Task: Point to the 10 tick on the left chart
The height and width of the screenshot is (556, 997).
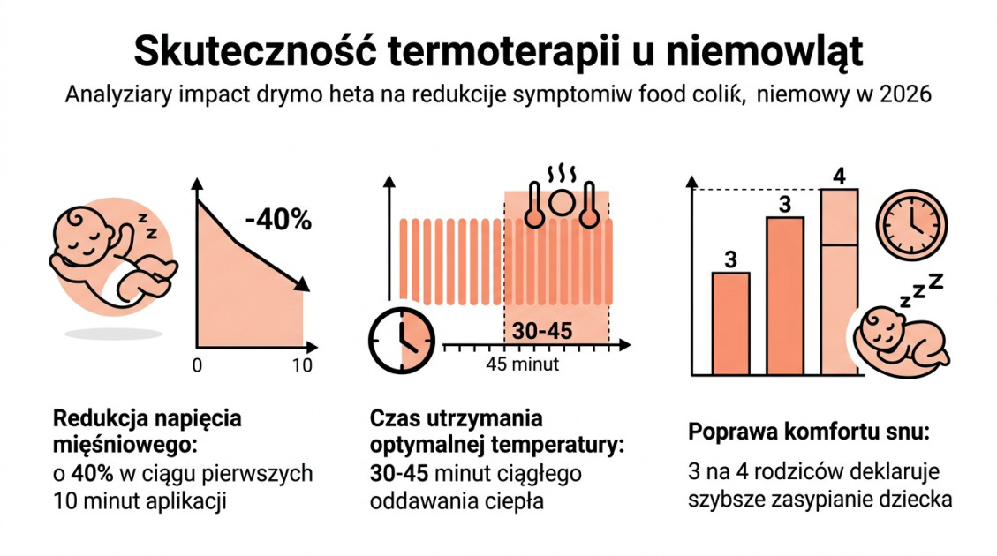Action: (x=302, y=365)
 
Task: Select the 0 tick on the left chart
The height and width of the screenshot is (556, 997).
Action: (x=197, y=365)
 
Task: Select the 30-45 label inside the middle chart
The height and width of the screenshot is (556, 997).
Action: (x=542, y=332)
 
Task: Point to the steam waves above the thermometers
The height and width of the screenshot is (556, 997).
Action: (x=558, y=172)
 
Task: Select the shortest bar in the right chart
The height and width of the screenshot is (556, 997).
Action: (x=730, y=323)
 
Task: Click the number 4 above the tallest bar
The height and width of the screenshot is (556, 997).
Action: (x=839, y=176)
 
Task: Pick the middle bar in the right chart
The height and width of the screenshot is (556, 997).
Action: (x=784, y=296)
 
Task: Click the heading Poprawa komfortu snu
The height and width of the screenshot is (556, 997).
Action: (x=808, y=432)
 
